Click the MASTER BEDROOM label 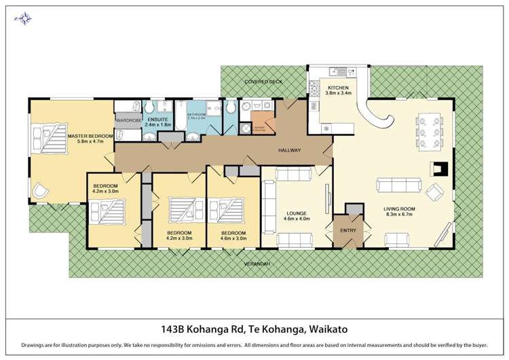[x=85, y=137]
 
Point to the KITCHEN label [x=338, y=88]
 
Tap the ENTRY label [x=348, y=230]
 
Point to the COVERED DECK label [x=263, y=82]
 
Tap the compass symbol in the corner [x=23, y=18]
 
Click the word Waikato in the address [x=328, y=329]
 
